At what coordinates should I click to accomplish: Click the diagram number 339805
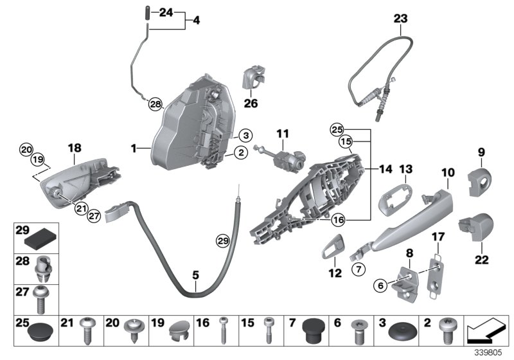tap(490, 353)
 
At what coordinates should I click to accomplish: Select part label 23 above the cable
tap(400, 19)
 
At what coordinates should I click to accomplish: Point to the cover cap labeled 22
tap(476, 230)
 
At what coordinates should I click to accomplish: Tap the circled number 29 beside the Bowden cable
tap(222, 241)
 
